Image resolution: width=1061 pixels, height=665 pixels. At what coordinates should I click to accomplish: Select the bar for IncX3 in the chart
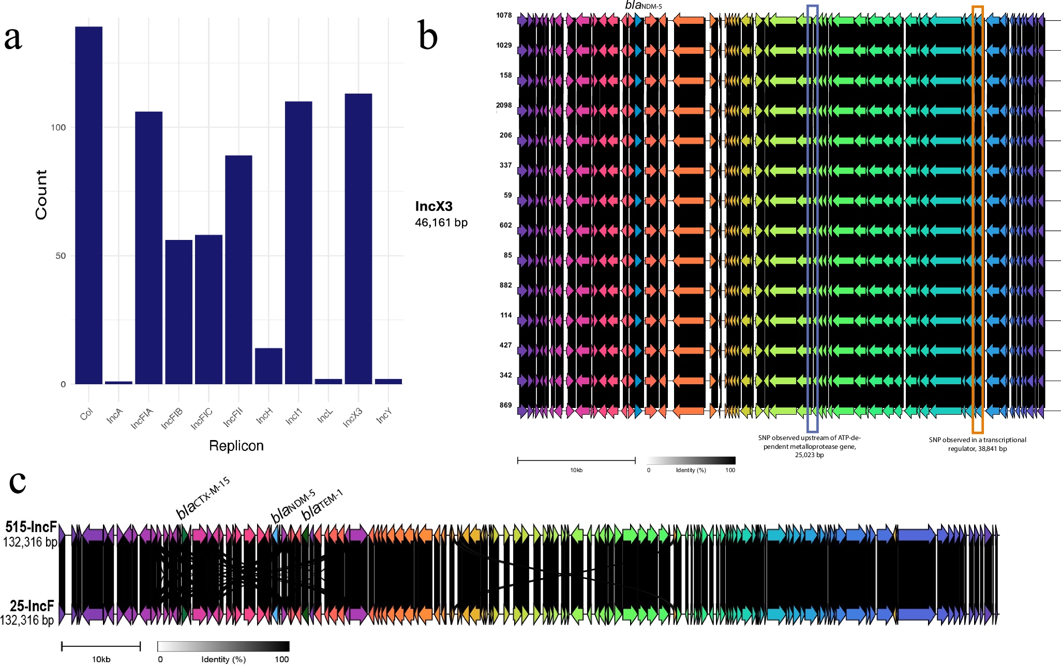point(358,238)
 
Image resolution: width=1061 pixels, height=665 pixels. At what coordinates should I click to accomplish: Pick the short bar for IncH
point(268,366)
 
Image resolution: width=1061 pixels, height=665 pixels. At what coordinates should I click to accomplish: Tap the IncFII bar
point(238,269)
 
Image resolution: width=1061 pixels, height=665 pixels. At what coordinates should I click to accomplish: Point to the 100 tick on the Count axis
point(58,128)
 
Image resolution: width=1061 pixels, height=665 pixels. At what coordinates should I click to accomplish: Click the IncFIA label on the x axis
point(142,418)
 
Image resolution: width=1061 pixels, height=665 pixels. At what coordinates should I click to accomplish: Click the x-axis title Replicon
point(236,446)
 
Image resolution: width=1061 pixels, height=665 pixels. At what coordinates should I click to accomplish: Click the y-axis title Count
point(41,194)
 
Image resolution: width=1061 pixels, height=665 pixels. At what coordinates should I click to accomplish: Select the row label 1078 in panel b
point(504,16)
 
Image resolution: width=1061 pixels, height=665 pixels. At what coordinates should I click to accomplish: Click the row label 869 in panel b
point(505,405)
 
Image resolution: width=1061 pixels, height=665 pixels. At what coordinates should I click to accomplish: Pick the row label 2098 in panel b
point(504,105)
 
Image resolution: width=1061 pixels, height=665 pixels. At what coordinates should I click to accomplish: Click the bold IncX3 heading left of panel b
point(434,206)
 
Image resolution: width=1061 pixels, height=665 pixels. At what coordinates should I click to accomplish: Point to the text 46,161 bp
point(441,222)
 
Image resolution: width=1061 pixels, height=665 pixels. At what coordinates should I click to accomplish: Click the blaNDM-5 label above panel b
point(643,6)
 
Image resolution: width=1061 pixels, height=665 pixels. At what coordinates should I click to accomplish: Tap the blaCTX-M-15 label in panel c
point(203,498)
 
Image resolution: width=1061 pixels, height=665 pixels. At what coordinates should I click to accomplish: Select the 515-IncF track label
point(31,527)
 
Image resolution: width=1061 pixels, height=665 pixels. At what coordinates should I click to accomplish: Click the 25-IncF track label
point(32,606)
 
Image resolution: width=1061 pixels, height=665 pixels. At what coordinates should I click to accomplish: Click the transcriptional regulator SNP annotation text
point(977,444)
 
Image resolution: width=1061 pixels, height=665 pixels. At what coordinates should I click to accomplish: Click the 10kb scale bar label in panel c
point(101,659)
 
